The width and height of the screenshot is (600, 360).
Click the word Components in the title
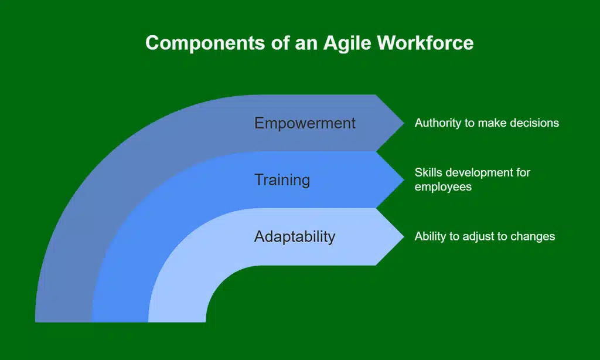point(205,43)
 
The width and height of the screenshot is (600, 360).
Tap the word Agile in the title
point(347,43)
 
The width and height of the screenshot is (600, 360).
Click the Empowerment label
point(305,123)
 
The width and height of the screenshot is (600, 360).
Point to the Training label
point(282,180)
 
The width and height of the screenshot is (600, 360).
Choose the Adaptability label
point(295,237)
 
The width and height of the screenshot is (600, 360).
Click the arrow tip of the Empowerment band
point(404,123)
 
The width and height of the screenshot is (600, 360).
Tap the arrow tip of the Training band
point(404,179)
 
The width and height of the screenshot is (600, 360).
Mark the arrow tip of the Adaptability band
point(404,236)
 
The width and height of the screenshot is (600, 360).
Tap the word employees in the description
point(443,187)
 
